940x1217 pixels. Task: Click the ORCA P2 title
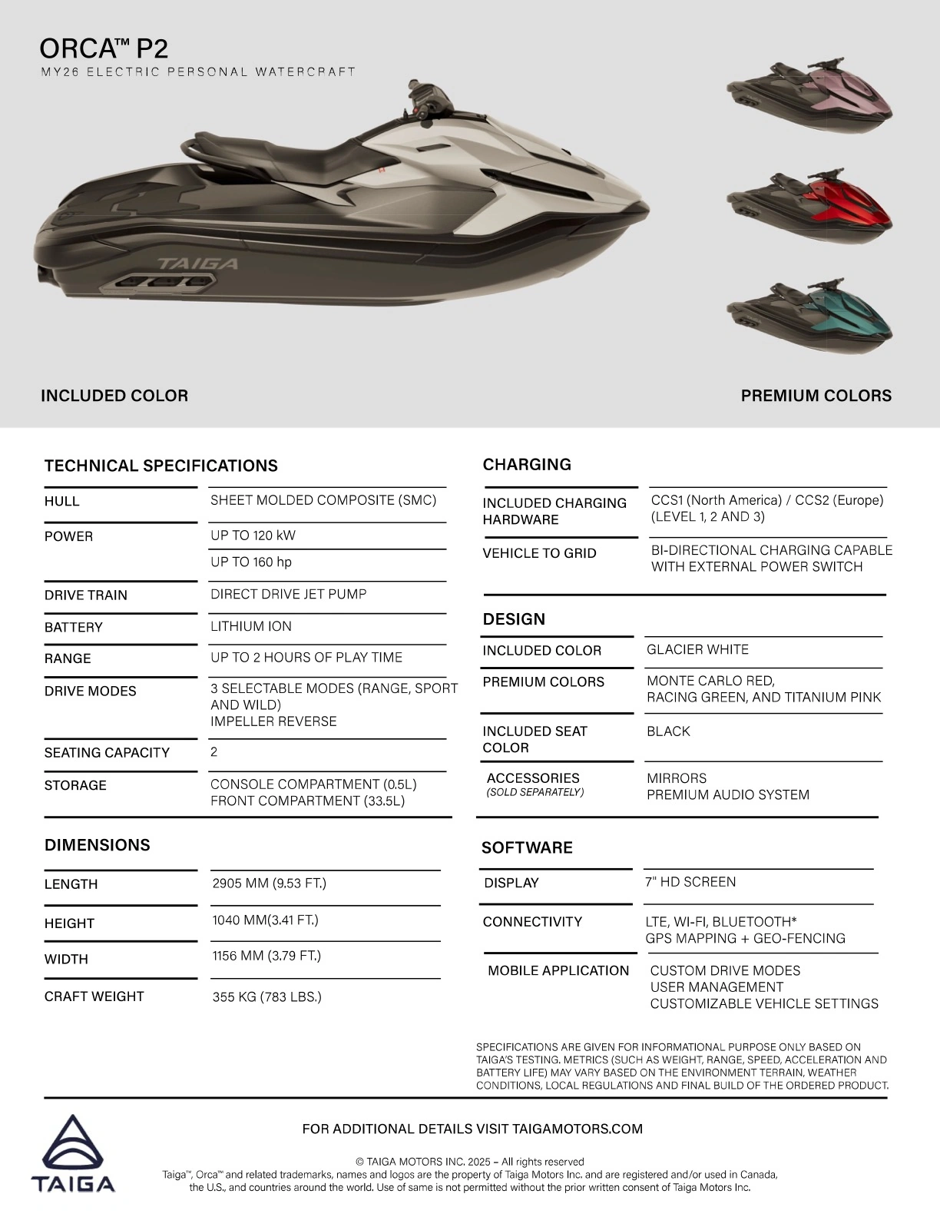[x=104, y=48]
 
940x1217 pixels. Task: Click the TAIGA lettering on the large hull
[x=198, y=264]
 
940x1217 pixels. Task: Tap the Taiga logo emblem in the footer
[x=73, y=1145]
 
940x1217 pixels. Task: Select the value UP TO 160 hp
[x=251, y=562]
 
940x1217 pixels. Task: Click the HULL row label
[x=62, y=501]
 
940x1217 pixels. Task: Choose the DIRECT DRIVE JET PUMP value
[x=289, y=594]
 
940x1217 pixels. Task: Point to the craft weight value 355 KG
[x=266, y=996]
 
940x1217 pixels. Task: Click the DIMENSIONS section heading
[x=98, y=845]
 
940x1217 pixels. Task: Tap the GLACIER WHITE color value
[x=697, y=649]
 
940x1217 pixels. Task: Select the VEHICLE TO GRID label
[x=539, y=553]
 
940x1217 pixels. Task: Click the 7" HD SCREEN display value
[x=690, y=882]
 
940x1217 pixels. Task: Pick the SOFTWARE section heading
[x=527, y=847]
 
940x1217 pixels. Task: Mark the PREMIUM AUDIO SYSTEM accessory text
[x=727, y=794]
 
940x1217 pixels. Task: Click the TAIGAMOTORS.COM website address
[x=577, y=1129]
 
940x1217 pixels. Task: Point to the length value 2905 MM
[x=269, y=883]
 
